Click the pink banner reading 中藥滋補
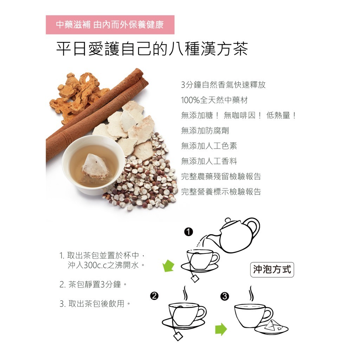tap(110, 25)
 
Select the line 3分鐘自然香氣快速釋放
tap(223, 85)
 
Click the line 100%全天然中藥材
tap(214, 100)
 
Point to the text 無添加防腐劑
tap(205, 131)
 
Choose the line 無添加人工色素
tap(209, 146)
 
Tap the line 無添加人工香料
tap(209, 161)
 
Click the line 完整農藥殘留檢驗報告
tap(221, 176)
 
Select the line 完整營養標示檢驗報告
tap(221, 192)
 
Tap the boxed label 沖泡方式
tap(272, 270)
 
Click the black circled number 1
tap(188, 232)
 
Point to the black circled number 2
tap(154, 296)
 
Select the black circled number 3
tap(225, 296)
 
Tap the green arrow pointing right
tap(221, 329)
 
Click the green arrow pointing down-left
tap(168, 266)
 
